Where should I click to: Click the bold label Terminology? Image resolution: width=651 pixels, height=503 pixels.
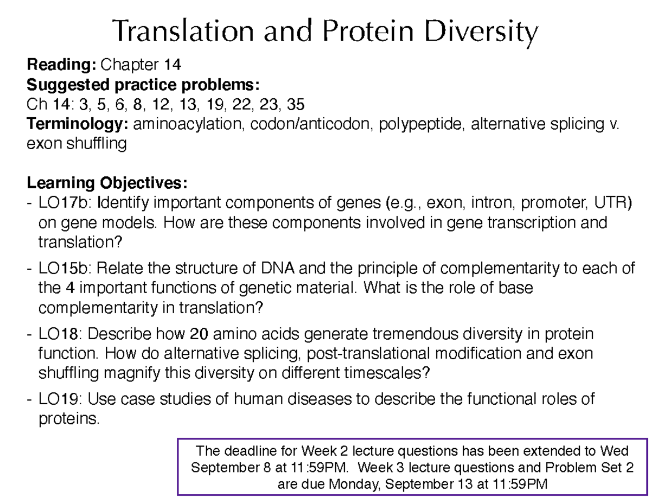(78, 124)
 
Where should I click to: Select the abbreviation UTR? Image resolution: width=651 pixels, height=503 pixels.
(613, 203)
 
